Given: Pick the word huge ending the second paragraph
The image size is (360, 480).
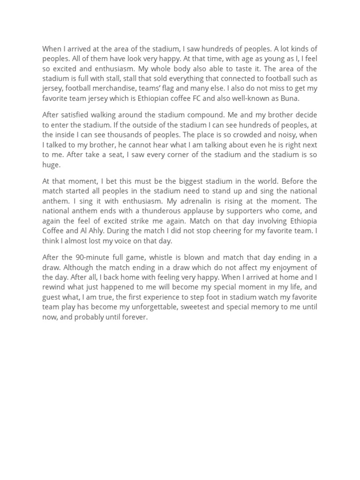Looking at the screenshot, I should point(51,165).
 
